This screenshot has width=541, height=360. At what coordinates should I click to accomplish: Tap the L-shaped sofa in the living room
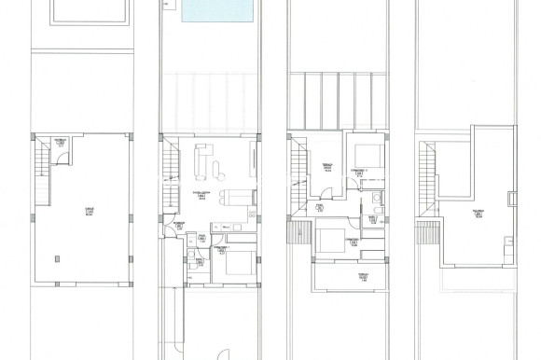[x=204, y=160]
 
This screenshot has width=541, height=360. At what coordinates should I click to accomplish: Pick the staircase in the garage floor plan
[x=38, y=159]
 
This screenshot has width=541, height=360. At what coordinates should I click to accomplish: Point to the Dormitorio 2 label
[x=357, y=171]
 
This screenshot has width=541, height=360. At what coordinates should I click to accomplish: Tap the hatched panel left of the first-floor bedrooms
[x=299, y=232]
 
